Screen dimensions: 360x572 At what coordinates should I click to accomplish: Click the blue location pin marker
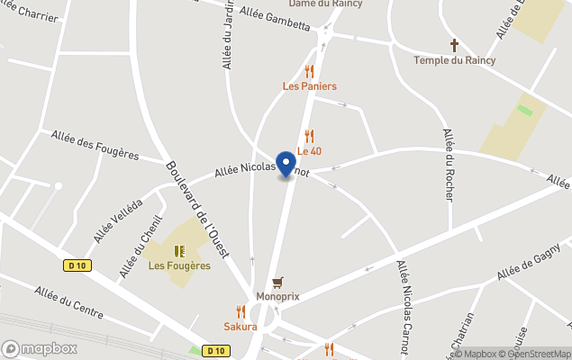pyautogui.click(x=286, y=164)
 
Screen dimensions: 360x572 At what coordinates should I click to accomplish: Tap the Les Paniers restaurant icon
pyautogui.click(x=310, y=71)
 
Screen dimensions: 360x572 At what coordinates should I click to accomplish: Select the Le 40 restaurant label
pyautogui.click(x=310, y=151)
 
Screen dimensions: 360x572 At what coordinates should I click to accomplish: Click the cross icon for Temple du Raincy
pyautogui.click(x=455, y=45)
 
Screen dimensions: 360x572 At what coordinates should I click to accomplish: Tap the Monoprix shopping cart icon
pyautogui.click(x=277, y=282)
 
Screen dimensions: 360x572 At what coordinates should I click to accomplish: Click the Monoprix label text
pyautogui.click(x=277, y=296)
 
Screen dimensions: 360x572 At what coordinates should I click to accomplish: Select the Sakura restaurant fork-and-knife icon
pyautogui.click(x=241, y=311)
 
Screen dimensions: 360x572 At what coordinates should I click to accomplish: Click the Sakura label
pyautogui.click(x=241, y=326)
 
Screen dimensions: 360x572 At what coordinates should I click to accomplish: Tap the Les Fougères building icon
pyautogui.click(x=179, y=251)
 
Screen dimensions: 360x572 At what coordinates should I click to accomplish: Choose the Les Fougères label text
pyautogui.click(x=179, y=265)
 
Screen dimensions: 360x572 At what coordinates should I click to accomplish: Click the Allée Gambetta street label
pyautogui.click(x=276, y=19)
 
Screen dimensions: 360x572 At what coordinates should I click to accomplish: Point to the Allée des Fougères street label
pyautogui.click(x=95, y=144)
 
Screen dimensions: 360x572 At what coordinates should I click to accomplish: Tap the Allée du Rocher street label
pyautogui.click(x=449, y=164)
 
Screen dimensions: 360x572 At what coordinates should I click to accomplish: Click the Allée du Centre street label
pyautogui.click(x=69, y=304)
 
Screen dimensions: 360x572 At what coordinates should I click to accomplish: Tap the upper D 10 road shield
pyautogui.click(x=77, y=265)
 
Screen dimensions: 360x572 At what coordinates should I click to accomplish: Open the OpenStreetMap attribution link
pyautogui.click(x=538, y=354)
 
